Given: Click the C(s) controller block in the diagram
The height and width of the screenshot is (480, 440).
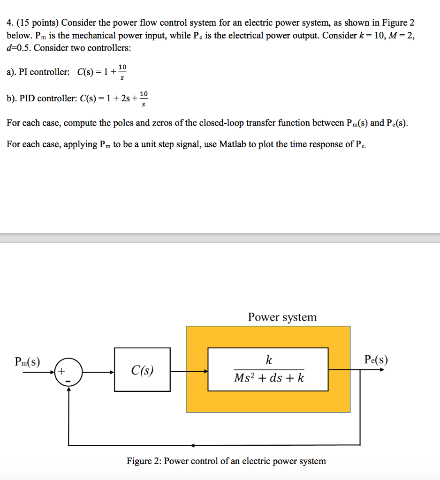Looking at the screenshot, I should (142, 369).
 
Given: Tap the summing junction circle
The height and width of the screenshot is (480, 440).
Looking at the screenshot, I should (68, 373).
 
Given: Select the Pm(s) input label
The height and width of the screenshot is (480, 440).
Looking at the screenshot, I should (27, 362).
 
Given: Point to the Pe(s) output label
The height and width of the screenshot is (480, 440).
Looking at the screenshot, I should (376, 360).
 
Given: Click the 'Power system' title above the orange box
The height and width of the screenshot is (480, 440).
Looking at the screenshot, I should (282, 317).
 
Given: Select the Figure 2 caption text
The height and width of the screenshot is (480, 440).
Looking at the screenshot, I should (226, 461).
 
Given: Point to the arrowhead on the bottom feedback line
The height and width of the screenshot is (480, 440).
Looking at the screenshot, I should (192, 445).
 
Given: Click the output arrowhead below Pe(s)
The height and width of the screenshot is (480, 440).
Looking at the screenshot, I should (381, 369).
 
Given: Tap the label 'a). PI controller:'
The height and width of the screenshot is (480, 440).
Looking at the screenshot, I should (38, 72).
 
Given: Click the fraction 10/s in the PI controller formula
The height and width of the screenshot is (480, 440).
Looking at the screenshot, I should (122, 72).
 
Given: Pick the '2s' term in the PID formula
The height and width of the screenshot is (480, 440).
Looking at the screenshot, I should (125, 98).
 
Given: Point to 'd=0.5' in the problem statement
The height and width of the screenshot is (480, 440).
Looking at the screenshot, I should (19, 47).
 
